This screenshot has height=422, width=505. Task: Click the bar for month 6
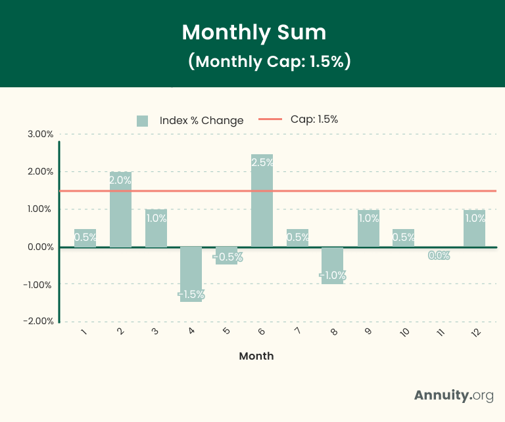click(262, 201)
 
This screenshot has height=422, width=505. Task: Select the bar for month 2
click(120, 209)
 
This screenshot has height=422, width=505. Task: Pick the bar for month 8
click(333, 265)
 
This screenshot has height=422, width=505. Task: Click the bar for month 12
click(474, 228)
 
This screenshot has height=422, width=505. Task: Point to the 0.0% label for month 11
click(439, 255)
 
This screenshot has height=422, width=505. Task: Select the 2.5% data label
click(262, 162)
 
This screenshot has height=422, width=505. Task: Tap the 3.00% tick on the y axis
click(40, 134)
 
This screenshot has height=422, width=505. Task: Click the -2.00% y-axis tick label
click(39, 321)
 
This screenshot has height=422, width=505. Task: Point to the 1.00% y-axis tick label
click(40, 209)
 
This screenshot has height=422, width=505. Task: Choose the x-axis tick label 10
click(404, 332)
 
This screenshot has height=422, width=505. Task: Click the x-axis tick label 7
click(298, 331)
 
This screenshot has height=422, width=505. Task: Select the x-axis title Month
click(256, 356)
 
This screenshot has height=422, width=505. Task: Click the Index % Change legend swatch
click(142, 121)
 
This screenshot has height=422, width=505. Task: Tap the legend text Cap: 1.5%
click(314, 119)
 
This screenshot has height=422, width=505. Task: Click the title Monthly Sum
click(253, 32)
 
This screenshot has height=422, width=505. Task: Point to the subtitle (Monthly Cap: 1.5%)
click(268, 61)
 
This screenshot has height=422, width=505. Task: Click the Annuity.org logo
click(454, 395)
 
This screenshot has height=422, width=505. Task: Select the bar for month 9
click(368, 228)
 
